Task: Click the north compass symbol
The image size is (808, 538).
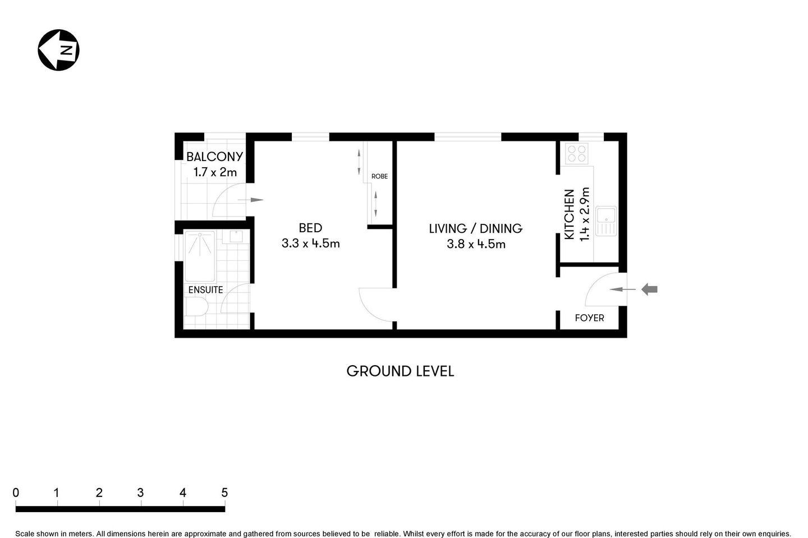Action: pyautogui.click(x=58, y=50)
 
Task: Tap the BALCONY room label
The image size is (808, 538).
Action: pyautogui.click(x=214, y=157)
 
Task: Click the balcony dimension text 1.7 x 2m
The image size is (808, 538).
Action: pyautogui.click(x=215, y=172)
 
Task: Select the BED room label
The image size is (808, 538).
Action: pyautogui.click(x=310, y=228)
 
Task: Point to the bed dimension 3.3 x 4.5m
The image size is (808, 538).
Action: pyautogui.click(x=310, y=243)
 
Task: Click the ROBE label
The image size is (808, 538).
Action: pyautogui.click(x=379, y=176)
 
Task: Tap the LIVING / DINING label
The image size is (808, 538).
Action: pyautogui.click(x=475, y=228)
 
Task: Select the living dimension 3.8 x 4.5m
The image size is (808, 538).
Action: pyautogui.click(x=476, y=244)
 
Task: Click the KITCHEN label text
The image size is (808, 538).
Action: pyautogui.click(x=569, y=215)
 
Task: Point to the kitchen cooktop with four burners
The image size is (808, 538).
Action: pyautogui.click(x=576, y=154)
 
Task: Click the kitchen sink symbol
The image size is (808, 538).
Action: pyautogui.click(x=606, y=220)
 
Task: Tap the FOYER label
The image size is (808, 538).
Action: pyautogui.click(x=589, y=318)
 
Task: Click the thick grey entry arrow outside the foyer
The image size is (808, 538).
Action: pyautogui.click(x=650, y=289)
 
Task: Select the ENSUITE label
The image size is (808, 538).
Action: pyautogui.click(x=205, y=290)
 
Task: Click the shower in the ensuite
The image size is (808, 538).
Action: pyautogui.click(x=200, y=256)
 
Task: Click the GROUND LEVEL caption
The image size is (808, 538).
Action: pyautogui.click(x=400, y=371)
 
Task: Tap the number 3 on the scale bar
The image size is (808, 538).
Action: pyautogui.click(x=140, y=493)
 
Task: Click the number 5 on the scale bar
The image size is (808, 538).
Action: pyautogui.click(x=224, y=493)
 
